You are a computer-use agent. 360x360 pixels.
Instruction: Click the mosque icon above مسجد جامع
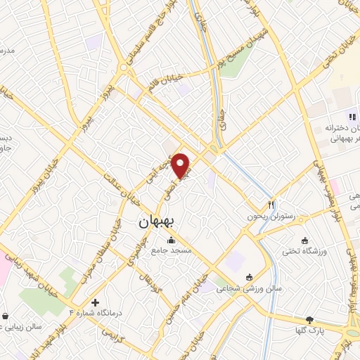(x=172, y=239)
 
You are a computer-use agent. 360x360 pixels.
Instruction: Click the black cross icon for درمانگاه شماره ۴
(x=96, y=302)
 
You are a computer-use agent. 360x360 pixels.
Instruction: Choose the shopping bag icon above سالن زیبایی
(x=6, y=316)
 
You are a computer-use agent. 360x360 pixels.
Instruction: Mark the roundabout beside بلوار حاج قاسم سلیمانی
(x=124, y=68)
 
